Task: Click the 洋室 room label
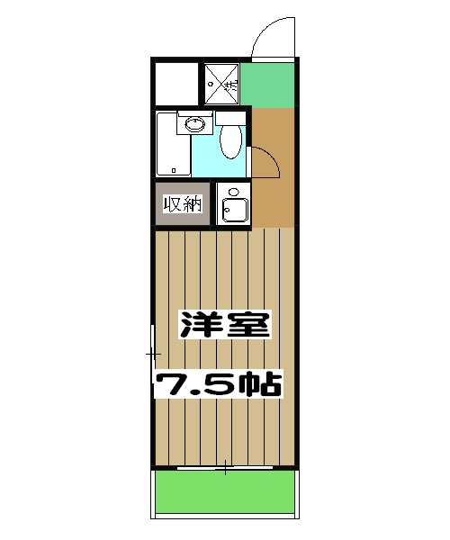[224, 325]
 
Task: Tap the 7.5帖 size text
[219, 384]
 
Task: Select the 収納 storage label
[184, 204]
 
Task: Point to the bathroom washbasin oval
[193, 125]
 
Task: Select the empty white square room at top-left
[175, 84]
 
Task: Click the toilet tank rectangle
[230, 117]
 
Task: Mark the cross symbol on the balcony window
[225, 468]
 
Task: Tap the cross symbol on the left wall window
[152, 355]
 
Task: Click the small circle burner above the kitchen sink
[233, 192]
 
